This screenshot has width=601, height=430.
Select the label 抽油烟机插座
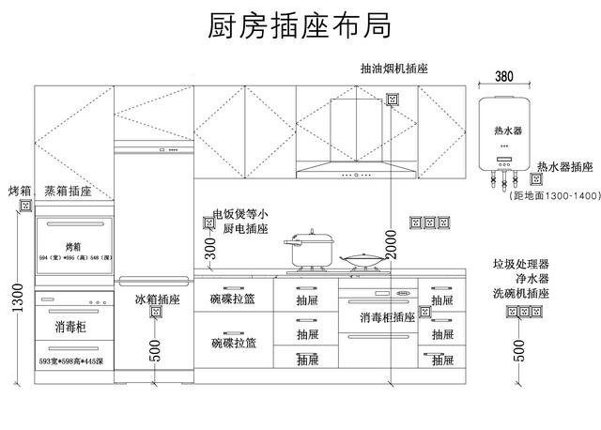[393, 69]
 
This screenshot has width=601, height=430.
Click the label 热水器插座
[564, 167]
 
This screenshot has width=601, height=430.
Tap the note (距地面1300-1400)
[553, 195]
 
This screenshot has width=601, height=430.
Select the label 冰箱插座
[157, 300]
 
